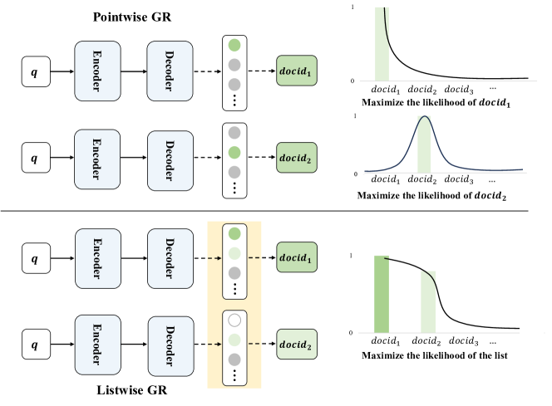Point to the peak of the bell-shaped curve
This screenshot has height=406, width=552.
click(426, 117)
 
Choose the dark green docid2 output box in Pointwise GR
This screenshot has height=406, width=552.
click(301, 153)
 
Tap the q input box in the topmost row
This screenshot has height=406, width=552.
click(34, 72)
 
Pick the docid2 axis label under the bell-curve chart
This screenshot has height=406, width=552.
click(424, 180)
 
